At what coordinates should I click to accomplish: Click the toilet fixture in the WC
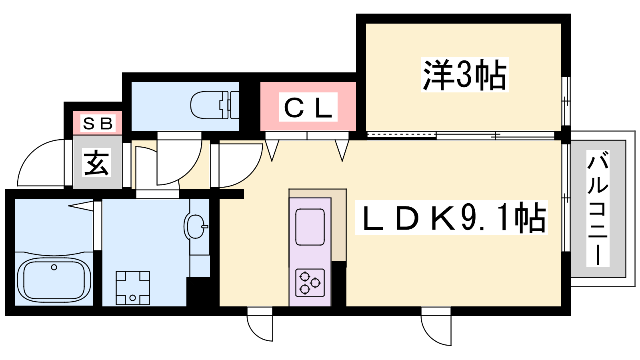[214, 105]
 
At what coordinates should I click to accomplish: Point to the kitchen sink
[310, 227]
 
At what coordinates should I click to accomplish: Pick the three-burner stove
[310, 283]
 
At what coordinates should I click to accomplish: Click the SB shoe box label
[98, 124]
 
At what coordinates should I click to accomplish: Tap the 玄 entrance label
[97, 162]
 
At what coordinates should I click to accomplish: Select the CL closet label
[308, 107]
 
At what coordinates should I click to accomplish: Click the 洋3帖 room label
[465, 75]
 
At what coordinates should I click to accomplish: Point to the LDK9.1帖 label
[451, 218]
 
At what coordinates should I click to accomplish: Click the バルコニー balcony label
[598, 208]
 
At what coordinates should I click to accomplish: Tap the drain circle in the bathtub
[54, 267]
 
